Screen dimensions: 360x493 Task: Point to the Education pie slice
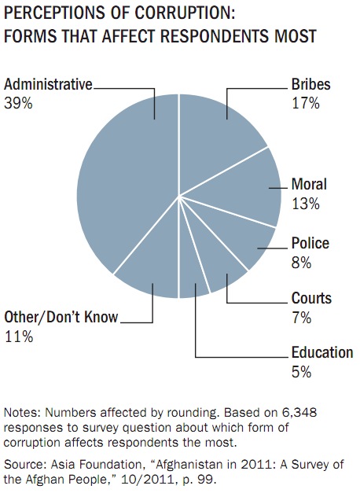click(x=193, y=277)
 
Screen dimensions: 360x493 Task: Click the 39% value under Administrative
click(x=18, y=103)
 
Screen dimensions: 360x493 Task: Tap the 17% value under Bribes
click(x=306, y=103)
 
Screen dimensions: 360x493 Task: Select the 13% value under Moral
click(x=306, y=204)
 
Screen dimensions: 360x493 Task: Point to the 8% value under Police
click(x=301, y=262)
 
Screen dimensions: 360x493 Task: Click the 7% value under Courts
click(x=301, y=318)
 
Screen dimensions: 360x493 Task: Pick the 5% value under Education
click(x=301, y=372)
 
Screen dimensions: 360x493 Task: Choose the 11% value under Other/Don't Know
click(x=19, y=337)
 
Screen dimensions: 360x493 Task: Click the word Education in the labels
click(x=322, y=352)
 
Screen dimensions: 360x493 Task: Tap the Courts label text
click(x=311, y=298)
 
